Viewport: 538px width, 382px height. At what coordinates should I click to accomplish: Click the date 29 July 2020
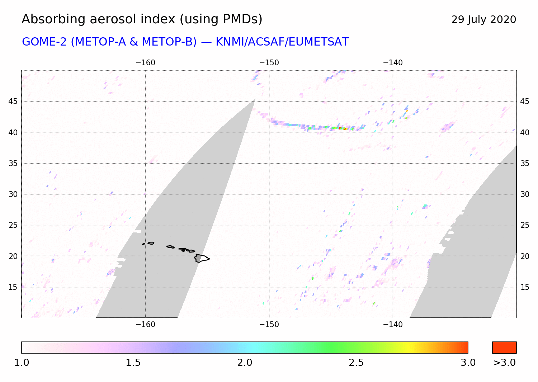click(x=483, y=19)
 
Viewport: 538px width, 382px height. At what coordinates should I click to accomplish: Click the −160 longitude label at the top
click(x=145, y=63)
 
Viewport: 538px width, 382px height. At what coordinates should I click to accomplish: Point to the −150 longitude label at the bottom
click(x=269, y=325)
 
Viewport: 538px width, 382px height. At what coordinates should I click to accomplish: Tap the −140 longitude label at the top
click(x=393, y=63)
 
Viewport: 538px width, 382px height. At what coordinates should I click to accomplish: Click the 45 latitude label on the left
click(x=13, y=102)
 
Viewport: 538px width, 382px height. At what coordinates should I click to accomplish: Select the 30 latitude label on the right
click(x=525, y=194)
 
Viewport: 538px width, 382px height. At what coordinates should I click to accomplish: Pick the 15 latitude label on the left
click(x=13, y=287)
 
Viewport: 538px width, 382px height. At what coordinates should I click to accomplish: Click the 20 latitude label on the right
click(x=525, y=256)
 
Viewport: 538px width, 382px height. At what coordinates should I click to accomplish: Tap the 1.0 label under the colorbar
click(x=22, y=363)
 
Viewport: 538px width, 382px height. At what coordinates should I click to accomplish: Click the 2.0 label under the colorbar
click(x=245, y=363)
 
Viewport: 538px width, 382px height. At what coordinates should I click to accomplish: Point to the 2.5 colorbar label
click(x=356, y=363)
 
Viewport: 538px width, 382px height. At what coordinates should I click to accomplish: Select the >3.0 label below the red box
click(x=504, y=363)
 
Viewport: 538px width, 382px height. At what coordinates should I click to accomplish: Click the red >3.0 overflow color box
click(x=504, y=348)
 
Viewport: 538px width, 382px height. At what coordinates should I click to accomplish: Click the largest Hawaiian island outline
click(x=201, y=258)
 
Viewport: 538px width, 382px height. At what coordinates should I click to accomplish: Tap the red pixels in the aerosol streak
click(x=342, y=128)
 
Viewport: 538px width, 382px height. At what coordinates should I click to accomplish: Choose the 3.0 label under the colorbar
click(x=468, y=363)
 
